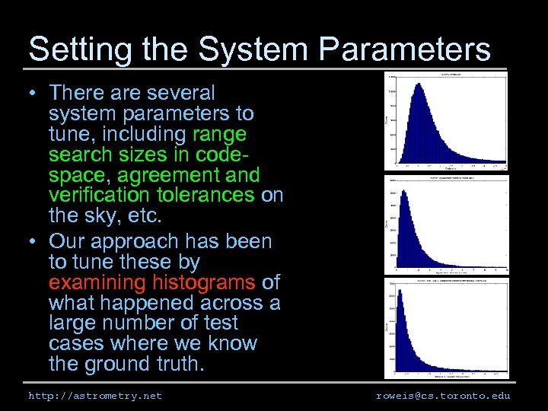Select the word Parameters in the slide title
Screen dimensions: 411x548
coord(405,49)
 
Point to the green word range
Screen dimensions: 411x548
coord(219,135)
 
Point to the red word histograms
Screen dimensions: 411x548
coord(205,283)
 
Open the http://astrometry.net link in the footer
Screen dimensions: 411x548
coord(95,396)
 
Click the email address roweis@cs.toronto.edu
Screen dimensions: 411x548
coord(443,396)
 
